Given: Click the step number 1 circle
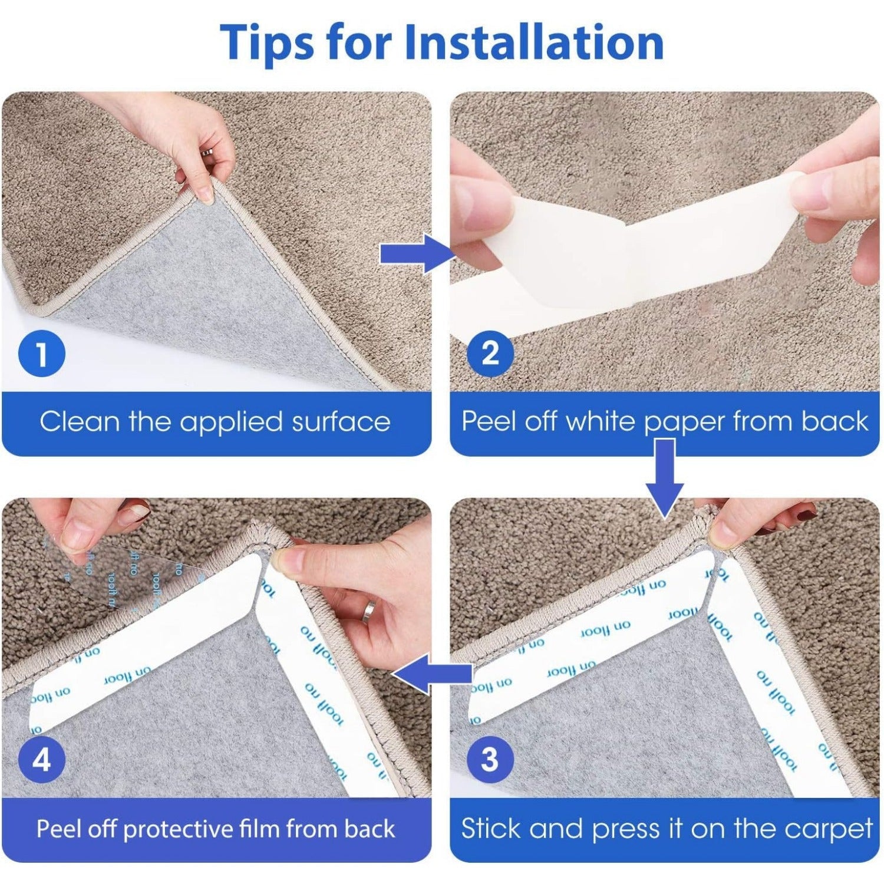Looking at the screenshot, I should pyautogui.click(x=41, y=354).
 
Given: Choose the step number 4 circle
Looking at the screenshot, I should pyautogui.click(x=41, y=760).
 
